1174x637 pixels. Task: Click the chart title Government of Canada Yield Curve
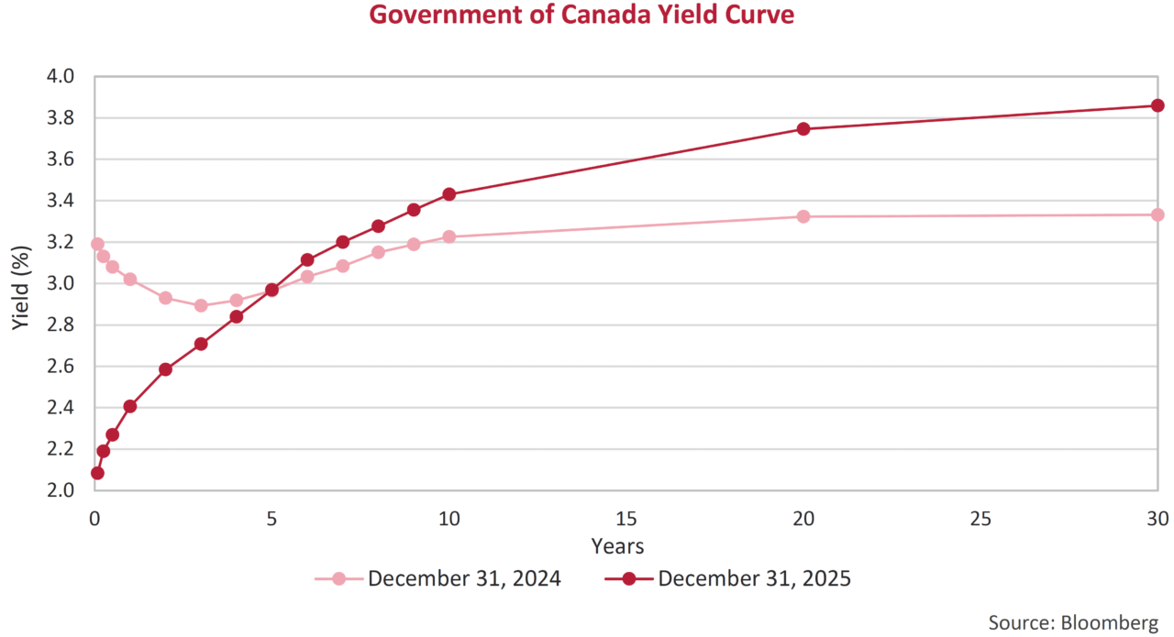(581, 16)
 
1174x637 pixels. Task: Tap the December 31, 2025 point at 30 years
(1157, 105)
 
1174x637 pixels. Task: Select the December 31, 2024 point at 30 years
(1157, 214)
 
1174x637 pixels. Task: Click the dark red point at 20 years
(803, 129)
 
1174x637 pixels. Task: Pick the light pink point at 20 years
(803, 216)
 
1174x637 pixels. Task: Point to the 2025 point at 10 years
(449, 194)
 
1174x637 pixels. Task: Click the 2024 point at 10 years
(449, 236)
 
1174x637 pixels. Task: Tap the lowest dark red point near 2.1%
(97, 473)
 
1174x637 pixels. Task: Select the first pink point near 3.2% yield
(97, 244)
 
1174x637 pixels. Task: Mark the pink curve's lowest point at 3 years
(201, 305)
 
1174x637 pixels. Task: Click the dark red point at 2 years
(165, 369)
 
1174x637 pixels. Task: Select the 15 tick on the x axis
(626, 519)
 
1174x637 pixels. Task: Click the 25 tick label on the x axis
(980, 519)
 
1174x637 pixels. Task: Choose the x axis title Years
(617, 547)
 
